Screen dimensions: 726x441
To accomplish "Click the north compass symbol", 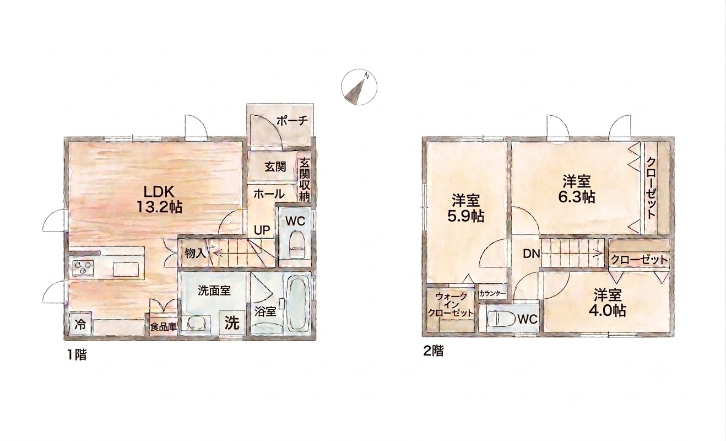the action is pyautogui.click(x=359, y=87).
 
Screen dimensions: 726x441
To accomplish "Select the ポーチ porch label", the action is pyautogui.click(x=292, y=121).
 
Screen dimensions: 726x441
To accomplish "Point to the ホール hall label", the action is pyautogui.click(x=269, y=194).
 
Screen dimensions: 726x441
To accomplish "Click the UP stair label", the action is pyautogui.click(x=262, y=230).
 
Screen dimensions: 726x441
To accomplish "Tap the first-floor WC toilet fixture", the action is pyautogui.click(x=296, y=245).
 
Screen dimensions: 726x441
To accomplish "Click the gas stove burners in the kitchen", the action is pyautogui.click(x=82, y=268).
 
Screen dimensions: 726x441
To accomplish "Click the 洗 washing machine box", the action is pyautogui.click(x=232, y=322).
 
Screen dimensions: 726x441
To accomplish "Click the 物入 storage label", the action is pyautogui.click(x=195, y=253).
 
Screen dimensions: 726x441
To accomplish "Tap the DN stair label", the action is pyautogui.click(x=532, y=254).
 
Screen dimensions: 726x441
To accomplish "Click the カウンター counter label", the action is pyautogui.click(x=492, y=294).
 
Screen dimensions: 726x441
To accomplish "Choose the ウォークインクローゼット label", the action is pyautogui.click(x=451, y=304).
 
